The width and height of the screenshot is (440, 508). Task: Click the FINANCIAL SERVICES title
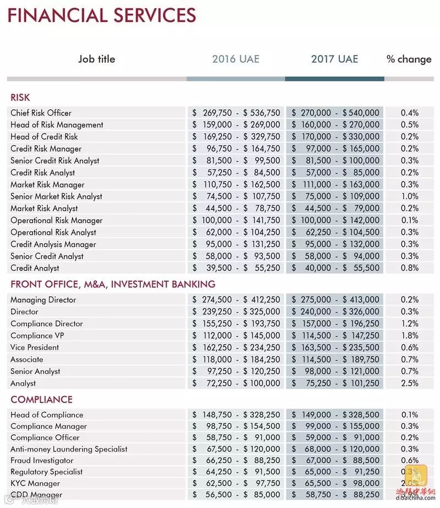coord(102,15)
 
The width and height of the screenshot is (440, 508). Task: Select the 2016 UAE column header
coord(235,59)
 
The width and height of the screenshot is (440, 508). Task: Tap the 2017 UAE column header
coord(334,59)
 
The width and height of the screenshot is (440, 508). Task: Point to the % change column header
coord(409,59)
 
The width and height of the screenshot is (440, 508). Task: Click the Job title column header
coord(97,59)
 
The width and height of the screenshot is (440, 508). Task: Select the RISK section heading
coord(20,98)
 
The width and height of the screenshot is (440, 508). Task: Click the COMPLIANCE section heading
coord(42,400)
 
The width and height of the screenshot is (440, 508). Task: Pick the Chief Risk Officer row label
coord(41,113)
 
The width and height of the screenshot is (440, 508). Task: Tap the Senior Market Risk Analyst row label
coord(56,196)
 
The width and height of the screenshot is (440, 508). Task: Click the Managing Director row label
coord(43,300)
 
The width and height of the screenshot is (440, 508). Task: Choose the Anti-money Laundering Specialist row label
coord(69,449)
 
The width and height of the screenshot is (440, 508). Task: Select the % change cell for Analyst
coord(409,383)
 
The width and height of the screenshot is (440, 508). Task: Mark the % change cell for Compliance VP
coord(409,335)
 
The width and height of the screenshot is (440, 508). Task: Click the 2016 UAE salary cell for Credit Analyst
coord(236,268)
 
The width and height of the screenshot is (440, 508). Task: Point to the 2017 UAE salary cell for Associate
coord(335,360)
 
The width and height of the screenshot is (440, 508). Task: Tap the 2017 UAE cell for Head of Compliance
coord(335,415)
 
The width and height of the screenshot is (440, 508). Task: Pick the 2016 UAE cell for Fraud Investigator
coord(236,461)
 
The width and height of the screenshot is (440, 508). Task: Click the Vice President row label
coord(35,347)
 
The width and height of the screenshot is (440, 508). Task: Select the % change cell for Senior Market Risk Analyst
coord(409,196)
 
